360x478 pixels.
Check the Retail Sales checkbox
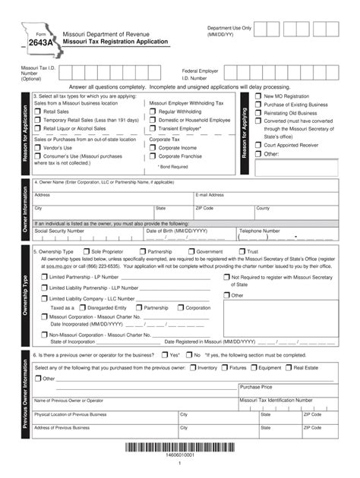[x=38, y=112]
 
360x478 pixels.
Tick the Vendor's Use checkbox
[x=38, y=148]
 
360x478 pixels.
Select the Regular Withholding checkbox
[x=153, y=112]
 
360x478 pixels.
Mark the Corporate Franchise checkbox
[x=153, y=156]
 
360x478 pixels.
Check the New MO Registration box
[x=257, y=97]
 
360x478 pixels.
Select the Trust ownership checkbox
[x=242, y=251]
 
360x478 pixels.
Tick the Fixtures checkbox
[x=224, y=367]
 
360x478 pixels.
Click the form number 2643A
[x=41, y=43]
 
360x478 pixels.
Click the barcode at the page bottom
[x=180, y=448]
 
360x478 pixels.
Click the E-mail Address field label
[x=210, y=195]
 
